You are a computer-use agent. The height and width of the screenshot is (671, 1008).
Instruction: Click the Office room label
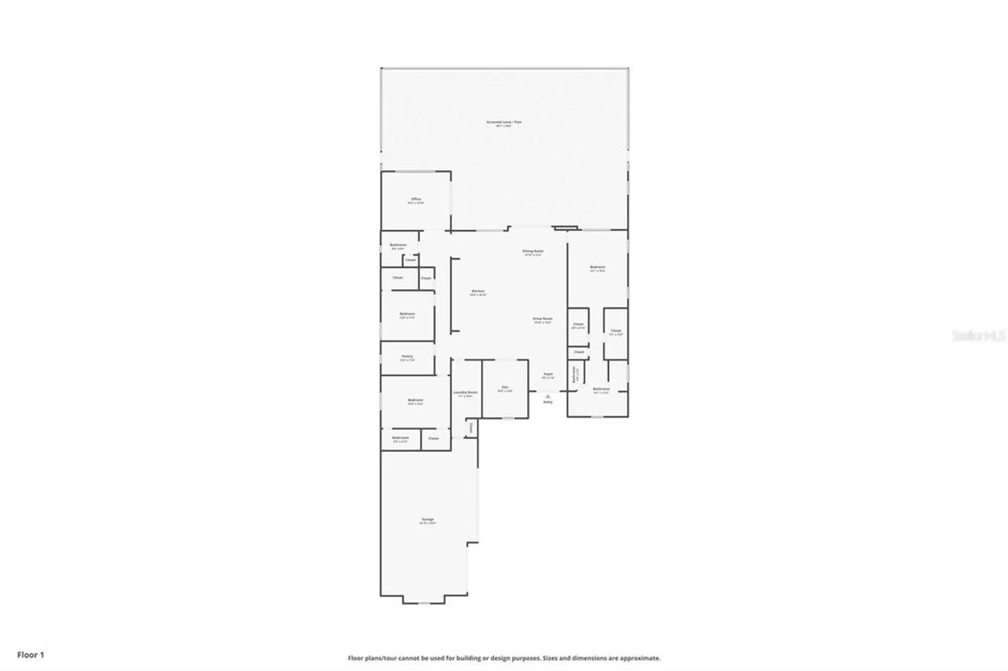click(x=416, y=199)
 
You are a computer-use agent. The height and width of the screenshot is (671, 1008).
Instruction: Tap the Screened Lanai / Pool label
click(x=504, y=122)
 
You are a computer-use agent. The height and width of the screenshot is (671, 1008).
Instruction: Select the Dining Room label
click(x=533, y=251)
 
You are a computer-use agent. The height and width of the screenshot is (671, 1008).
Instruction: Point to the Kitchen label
click(x=478, y=291)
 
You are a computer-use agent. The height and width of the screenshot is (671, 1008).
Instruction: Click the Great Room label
click(x=543, y=318)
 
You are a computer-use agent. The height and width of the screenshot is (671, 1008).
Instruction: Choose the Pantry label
click(x=407, y=356)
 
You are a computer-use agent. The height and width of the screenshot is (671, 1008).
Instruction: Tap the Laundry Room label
click(x=465, y=392)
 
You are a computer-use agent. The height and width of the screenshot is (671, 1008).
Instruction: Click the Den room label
click(x=505, y=387)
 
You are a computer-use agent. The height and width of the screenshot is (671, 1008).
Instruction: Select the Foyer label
click(x=548, y=374)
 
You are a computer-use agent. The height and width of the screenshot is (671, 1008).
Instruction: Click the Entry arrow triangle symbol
click(x=548, y=396)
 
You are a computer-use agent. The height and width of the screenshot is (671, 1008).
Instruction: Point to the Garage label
click(x=428, y=519)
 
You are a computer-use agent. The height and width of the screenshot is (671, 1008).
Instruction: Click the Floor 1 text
click(x=31, y=655)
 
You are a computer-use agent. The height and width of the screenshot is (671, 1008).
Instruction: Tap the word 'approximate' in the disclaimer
click(x=643, y=658)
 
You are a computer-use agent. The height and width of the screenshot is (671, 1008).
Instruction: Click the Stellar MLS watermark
click(x=978, y=335)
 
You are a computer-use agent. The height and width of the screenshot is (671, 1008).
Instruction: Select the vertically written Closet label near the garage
click(x=471, y=428)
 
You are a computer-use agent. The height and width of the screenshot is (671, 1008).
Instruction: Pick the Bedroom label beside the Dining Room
click(x=598, y=267)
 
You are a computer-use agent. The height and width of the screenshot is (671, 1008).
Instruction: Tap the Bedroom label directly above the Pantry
click(x=407, y=314)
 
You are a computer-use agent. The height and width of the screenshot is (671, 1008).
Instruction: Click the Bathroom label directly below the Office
click(x=398, y=245)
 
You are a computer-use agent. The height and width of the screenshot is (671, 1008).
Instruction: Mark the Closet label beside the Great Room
click(x=578, y=324)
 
